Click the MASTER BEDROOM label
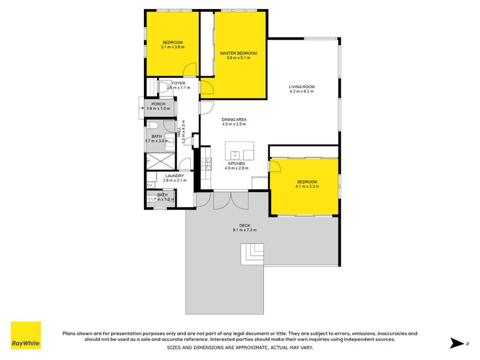pos(238,53)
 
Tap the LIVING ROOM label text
pos(302,87)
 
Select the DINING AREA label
pos(234,119)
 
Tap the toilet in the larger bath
pos(153,126)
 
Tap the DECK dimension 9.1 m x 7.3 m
pos(244,230)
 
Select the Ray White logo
pos(26,335)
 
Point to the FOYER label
pos(178,83)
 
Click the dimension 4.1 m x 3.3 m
pos(307,187)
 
